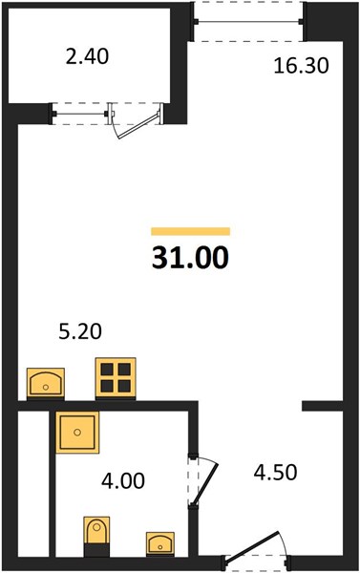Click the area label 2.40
pos(87,57)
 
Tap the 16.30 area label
pos(301,67)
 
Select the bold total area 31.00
pos(190,258)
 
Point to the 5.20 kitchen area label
pos(80,332)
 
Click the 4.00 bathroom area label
pos(123,480)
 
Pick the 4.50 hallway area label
pos(275,473)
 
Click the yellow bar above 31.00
pos(190,231)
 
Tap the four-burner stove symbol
pos(116,378)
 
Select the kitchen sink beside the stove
pos(46,382)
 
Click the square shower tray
pos(77,433)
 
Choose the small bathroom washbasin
pos(160,543)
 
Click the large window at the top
pos(248,22)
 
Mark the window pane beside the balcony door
pos(80,114)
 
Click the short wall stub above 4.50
pos(322,406)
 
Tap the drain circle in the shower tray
pos(77,433)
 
